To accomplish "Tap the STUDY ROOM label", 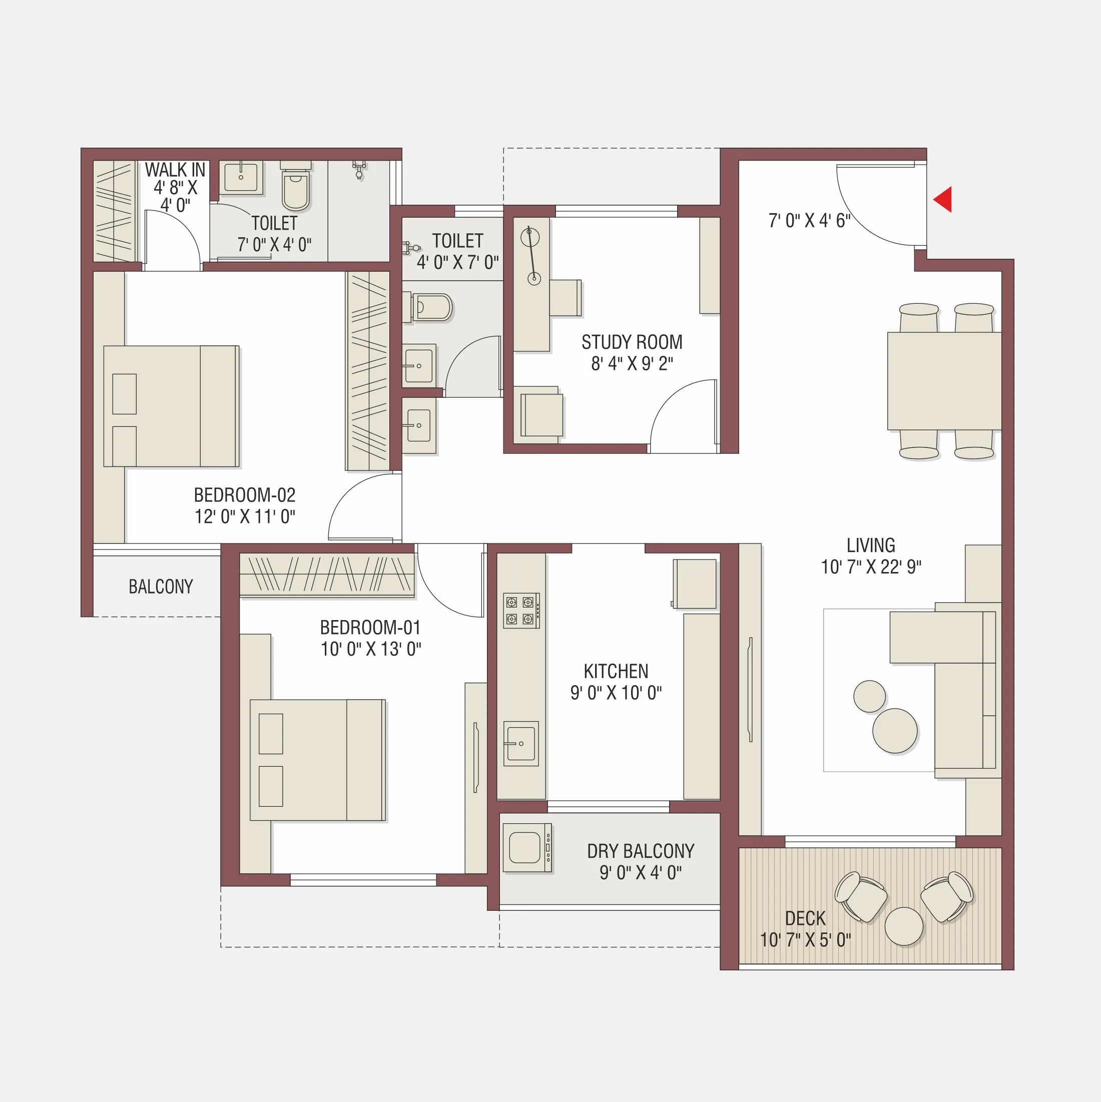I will point(632,342).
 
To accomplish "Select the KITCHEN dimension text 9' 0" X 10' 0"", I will point(616,693).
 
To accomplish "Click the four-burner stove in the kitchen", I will point(520,611).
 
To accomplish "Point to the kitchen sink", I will point(520,743).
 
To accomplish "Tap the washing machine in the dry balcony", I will point(526,848).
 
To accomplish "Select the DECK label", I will point(805,918).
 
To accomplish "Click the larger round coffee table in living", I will point(894,731).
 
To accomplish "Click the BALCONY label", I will point(160,587).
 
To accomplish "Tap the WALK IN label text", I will point(175,170).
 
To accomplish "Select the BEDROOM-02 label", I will point(244,494).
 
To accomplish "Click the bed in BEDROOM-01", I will point(317,760).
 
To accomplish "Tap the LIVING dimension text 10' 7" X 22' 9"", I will point(870,567).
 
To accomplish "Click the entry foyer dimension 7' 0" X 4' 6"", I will point(809,221).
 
